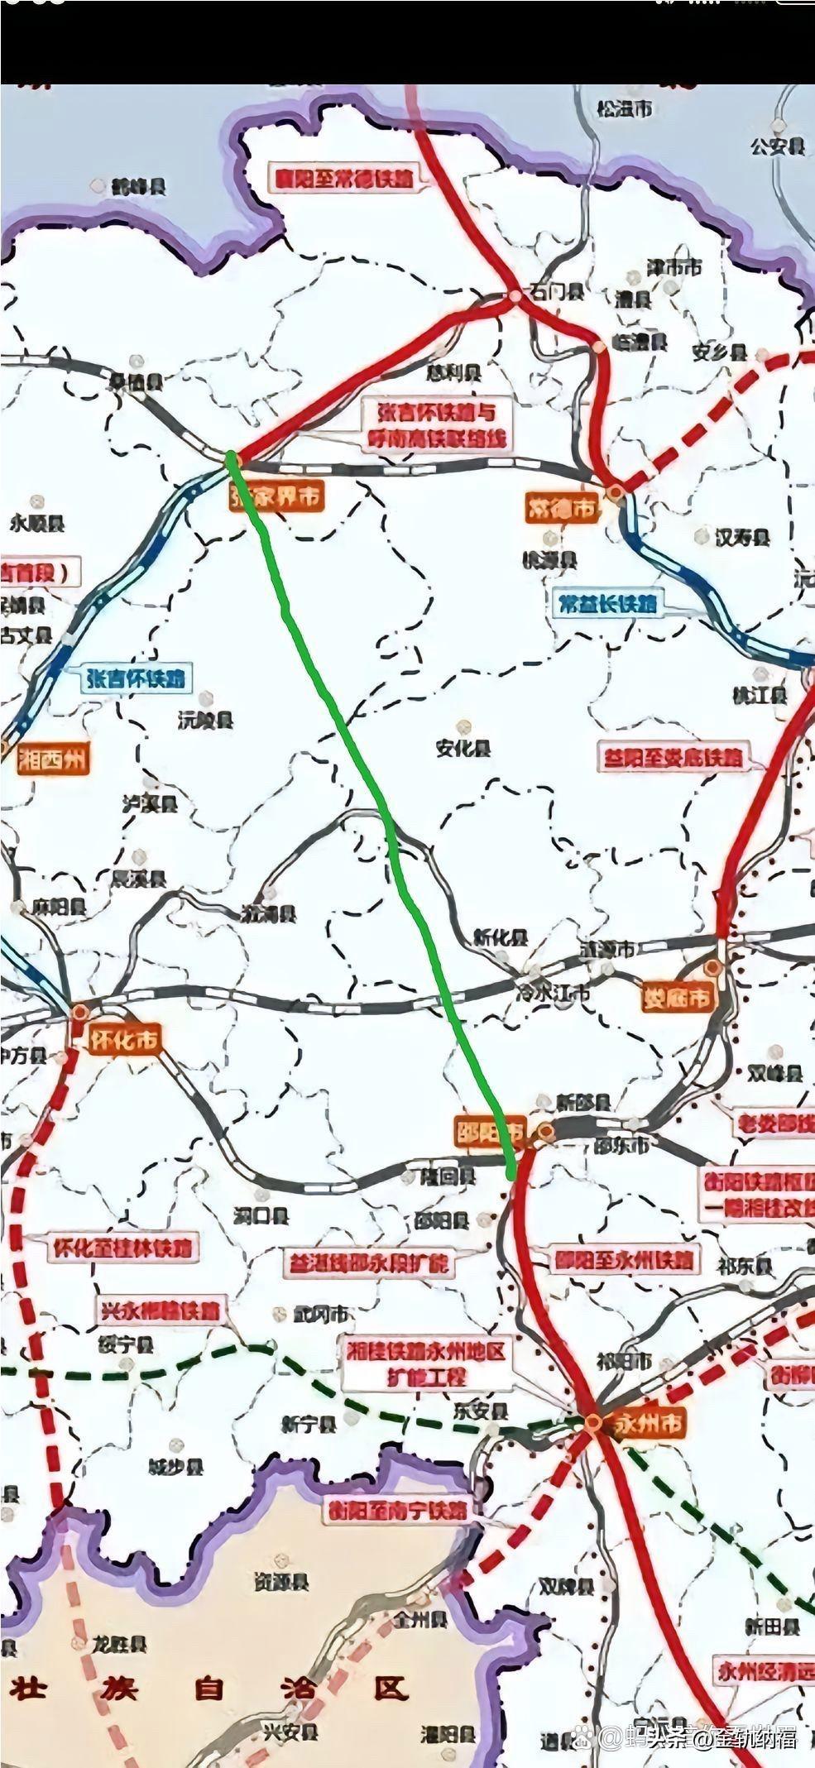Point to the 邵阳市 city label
pyautogui.click(x=491, y=1131)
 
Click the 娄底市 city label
pyautogui.click(x=677, y=997)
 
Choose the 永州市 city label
pyautogui.click(x=649, y=1423)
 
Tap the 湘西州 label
pyautogui.click(x=51, y=759)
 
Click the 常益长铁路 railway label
pyautogui.click(x=607, y=602)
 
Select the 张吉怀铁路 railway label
pyautogui.click(x=134, y=678)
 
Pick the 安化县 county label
pyautogui.click(x=463, y=748)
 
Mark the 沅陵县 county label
pyautogui.click(x=206, y=720)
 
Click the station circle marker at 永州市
pyautogui.click(x=593, y=1421)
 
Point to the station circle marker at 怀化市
pyautogui.click(x=80, y=1011)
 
